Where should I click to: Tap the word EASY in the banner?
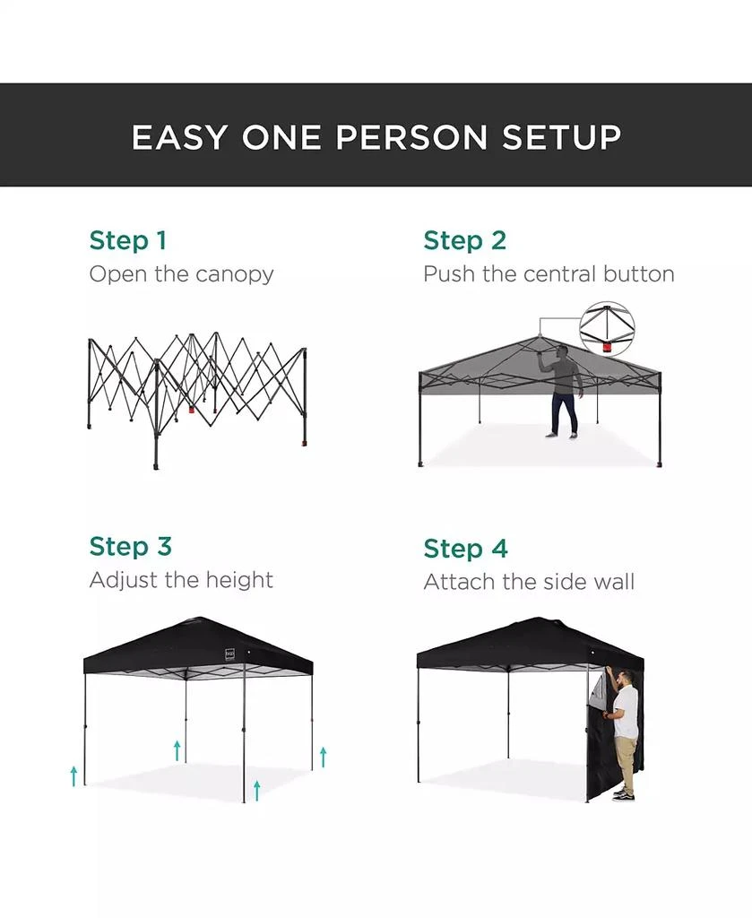click(180, 137)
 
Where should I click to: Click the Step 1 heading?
click(127, 240)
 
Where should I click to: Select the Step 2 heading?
click(464, 240)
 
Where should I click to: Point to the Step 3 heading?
click(130, 546)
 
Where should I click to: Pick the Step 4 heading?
click(464, 548)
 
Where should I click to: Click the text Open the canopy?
click(181, 273)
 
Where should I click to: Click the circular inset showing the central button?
click(607, 327)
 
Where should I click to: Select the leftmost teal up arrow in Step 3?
click(73, 775)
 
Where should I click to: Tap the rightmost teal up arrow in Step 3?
click(323, 756)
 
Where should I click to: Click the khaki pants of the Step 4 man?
click(625, 770)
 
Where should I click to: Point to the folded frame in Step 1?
click(197, 385)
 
